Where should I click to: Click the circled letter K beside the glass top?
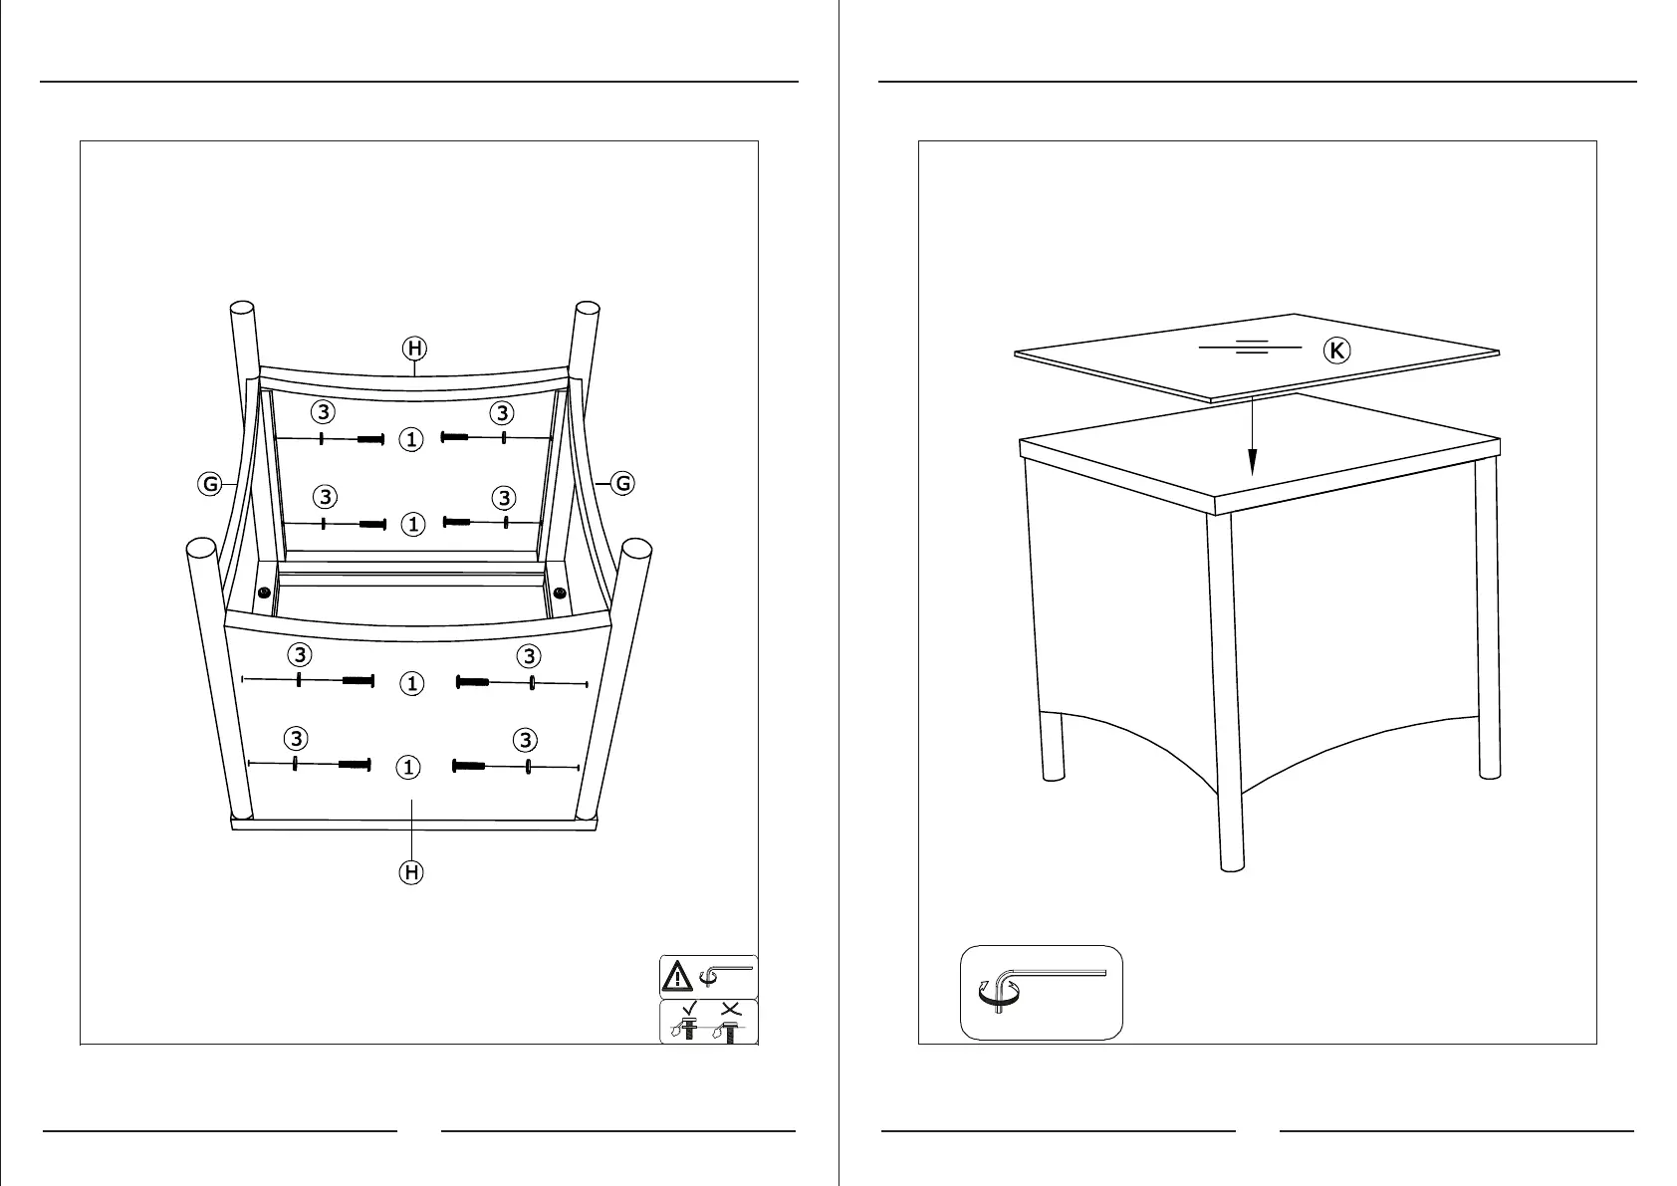click(x=1337, y=351)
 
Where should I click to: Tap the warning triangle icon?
click(x=678, y=976)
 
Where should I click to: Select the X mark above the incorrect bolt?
click(x=730, y=1008)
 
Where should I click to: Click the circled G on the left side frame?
click(x=210, y=485)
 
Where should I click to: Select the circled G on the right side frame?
click(x=622, y=484)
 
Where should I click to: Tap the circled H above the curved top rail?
click(x=414, y=348)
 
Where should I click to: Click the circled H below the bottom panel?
click(x=410, y=872)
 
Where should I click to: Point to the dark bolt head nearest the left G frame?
click(x=264, y=593)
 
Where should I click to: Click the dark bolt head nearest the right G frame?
click(x=560, y=593)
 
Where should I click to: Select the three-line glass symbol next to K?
click(x=1251, y=348)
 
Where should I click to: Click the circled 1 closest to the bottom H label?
click(x=408, y=767)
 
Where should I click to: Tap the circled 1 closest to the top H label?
click(x=412, y=438)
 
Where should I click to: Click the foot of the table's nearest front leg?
click(x=1232, y=863)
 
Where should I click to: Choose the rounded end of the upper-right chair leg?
click(x=587, y=309)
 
